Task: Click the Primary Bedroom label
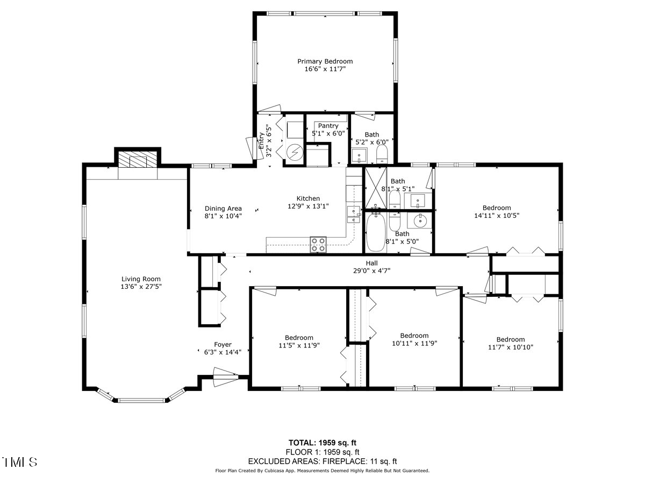click(325, 61)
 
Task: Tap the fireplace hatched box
click(138, 160)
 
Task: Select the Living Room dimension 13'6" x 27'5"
click(141, 287)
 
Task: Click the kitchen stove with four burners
click(318, 245)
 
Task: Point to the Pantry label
click(328, 126)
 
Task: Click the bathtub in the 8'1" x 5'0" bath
click(375, 232)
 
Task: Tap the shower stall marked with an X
click(375, 188)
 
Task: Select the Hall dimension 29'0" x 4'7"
click(371, 271)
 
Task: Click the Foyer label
click(223, 345)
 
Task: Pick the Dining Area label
click(223, 209)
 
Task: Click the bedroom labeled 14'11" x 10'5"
click(497, 211)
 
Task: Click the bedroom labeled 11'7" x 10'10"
click(510, 343)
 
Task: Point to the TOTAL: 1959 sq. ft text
click(322, 443)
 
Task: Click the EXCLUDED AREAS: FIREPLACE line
click(322, 461)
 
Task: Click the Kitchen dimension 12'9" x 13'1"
click(309, 205)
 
